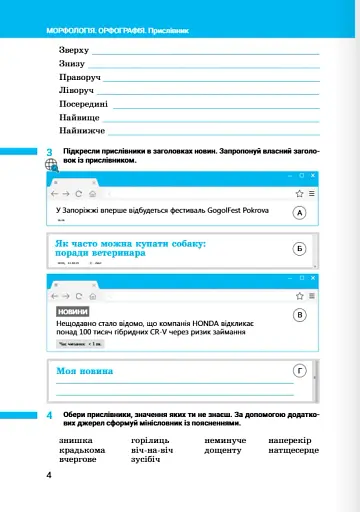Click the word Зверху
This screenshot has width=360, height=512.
click(74, 49)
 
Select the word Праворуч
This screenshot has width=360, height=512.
click(80, 76)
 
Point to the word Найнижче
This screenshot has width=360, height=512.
click(82, 130)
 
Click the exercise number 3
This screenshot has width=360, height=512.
click(50, 152)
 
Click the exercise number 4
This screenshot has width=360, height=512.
click(50, 414)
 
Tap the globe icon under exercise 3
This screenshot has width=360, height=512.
click(51, 166)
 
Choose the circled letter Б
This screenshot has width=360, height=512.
click(298, 247)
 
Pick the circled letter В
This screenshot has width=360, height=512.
click(298, 315)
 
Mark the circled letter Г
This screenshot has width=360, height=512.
click(298, 371)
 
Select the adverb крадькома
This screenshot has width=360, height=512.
click(82, 450)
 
